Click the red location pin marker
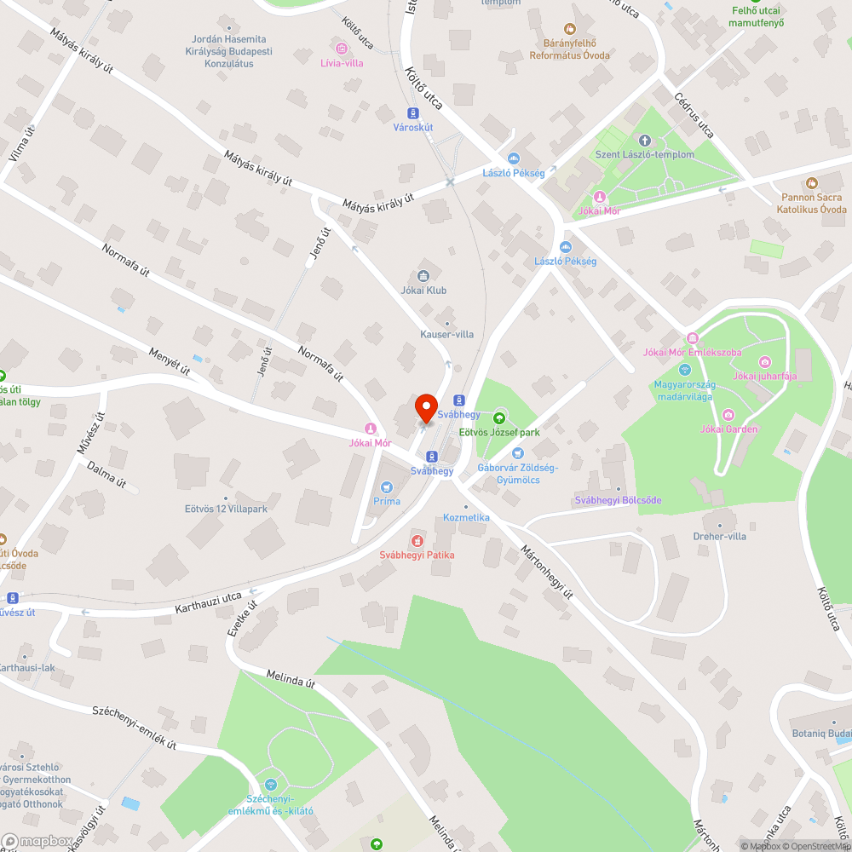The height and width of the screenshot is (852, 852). [x=425, y=407]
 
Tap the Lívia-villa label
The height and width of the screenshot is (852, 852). [x=342, y=62]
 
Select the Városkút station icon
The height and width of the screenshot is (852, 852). [x=413, y=112]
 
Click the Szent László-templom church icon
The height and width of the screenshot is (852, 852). [x=644, y=141]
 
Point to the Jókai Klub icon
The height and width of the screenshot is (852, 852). [x=423, y=275]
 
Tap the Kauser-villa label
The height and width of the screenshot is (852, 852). [x=446, y=334]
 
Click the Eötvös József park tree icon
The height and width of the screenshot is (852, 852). [x=498, y=417]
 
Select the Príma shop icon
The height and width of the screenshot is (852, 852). [x=387, y=486]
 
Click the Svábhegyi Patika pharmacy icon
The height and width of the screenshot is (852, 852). [x=417, y=540]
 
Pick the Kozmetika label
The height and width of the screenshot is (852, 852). [x=466, y=518]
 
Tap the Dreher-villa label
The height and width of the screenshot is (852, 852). [x=720, y=537]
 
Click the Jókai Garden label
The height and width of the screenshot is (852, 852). [x=728, y=429]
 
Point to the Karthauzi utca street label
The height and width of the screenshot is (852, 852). [x=209, y=604]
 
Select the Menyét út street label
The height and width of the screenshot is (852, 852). [x=169, y=362]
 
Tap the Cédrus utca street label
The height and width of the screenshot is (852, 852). [x=694, y=116]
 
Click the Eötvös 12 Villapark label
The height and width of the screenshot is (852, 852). [x=226, y=509]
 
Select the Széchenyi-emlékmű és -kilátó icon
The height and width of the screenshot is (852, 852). [x=271, y=784]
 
